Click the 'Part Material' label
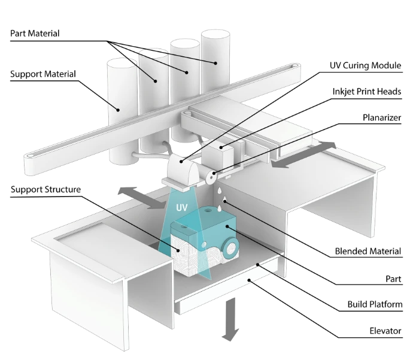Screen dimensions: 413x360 click(35, 34)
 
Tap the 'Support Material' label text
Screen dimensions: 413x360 click(43, 74)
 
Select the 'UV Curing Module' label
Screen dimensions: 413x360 click(365, 66)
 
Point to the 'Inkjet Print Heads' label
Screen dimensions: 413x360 click(367, 92)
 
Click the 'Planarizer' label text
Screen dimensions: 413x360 click(382, 117)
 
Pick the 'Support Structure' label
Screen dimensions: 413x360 click(45, 189)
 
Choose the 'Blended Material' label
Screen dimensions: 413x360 click(368, 251)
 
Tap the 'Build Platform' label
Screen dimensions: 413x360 click(375, 304)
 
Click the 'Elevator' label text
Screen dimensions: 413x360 click(385, 331)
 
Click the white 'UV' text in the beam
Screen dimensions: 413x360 click(182, 208)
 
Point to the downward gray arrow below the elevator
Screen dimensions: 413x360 click(230, 319)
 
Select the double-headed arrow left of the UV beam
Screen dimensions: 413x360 click(143, 198)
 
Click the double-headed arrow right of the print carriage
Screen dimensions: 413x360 click(303, 155)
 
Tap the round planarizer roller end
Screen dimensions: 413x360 click(211, 177)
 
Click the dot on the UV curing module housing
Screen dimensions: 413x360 click(181, 161)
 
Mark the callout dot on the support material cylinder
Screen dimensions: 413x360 click(119, 110)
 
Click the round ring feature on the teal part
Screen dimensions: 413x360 click(230, 247)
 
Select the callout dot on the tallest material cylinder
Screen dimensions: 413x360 click(215, 63)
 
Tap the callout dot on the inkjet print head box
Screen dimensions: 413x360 click(221, 147)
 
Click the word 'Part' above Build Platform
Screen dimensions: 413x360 click(393, 279)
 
